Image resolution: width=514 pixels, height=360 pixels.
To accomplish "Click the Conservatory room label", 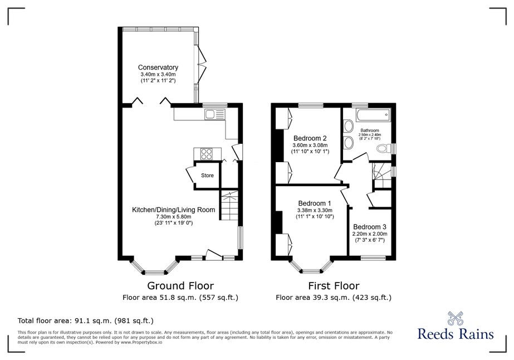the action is (x=158, y=67).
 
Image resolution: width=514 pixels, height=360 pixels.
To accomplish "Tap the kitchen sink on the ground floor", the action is (x=214, y=115).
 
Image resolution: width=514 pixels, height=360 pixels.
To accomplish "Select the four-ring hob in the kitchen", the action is (x=207, y=154).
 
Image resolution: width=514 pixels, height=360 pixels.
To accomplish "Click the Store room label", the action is (x=207, y=176).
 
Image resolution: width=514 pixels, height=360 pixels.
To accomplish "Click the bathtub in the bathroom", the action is (x=373, y=115).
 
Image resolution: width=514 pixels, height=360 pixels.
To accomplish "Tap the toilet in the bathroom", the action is (x=384, y=148).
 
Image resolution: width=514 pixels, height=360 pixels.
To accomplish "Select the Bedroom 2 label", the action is (x=310, y=138).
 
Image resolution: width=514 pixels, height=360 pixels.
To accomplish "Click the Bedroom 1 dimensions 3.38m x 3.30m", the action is (x=315, y=210).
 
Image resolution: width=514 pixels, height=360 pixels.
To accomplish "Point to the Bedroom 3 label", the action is (x=369, y=227).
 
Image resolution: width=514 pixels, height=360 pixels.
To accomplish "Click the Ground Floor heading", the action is (x=180, y=286).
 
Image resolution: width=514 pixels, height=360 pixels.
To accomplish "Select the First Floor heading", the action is (x=334, y=286).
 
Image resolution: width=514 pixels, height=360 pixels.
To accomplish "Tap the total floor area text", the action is (x=86, y=320).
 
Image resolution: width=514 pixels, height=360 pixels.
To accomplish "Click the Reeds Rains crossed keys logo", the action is (x=456, y=318).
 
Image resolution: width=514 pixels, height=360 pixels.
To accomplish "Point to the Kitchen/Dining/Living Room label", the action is (x=173, y=210).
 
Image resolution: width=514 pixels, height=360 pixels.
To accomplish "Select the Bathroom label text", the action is (x=370, y=130).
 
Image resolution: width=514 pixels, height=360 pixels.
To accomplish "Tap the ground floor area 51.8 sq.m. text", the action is (x=180, y=298).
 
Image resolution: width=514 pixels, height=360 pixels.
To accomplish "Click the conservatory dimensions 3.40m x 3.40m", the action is (x=158, y=75).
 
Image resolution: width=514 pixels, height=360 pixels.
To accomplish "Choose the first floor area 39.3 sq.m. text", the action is (x=334, y=298).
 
